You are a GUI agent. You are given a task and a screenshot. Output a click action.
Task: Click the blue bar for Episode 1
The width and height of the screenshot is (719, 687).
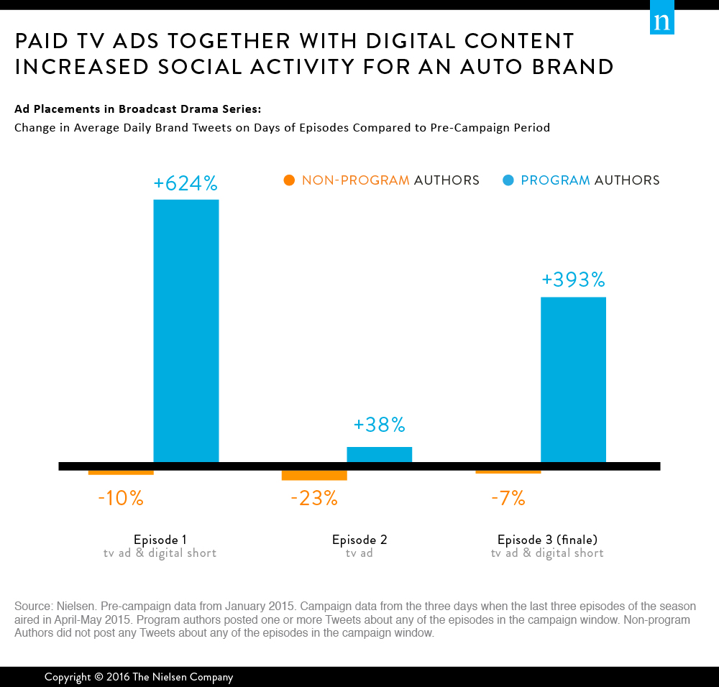tap(186, 331)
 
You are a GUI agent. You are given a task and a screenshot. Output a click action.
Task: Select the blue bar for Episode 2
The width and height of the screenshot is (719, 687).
tap(379, 454)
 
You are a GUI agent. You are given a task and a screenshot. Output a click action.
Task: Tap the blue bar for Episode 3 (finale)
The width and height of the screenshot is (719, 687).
tap(573, 379)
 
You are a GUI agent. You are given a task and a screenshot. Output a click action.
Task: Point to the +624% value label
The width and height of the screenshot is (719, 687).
tap(186, 184)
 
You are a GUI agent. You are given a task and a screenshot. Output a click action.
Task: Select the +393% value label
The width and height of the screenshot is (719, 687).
tap(573, 280)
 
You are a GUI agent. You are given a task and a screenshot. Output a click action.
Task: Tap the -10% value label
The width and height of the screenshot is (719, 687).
tap(121, 498)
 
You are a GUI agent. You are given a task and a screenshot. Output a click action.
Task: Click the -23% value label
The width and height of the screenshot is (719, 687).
tap(314, 498)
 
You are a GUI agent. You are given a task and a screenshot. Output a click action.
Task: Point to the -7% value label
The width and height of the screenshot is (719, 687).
tap(508, 498)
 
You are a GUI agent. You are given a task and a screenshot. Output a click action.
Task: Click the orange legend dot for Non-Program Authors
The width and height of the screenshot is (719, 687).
tap(290, 180)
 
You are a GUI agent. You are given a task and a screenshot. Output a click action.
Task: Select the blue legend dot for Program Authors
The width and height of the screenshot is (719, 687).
tap(508, 180)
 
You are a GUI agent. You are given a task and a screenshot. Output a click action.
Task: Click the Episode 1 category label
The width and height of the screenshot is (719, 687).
tap(160, 540)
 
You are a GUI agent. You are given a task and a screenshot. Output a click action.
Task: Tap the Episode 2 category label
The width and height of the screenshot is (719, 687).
tap(359, 540)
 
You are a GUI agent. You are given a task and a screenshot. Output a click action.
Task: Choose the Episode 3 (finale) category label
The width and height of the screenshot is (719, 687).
tap(547, 540)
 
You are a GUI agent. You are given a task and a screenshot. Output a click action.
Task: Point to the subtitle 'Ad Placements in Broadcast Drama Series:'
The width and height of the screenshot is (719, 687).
tap(138, 109)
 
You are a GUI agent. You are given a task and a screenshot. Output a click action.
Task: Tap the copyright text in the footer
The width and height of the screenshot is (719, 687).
tap(139, 677)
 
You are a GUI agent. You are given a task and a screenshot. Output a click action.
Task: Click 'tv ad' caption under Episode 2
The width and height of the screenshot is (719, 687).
tap(359, 553)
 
